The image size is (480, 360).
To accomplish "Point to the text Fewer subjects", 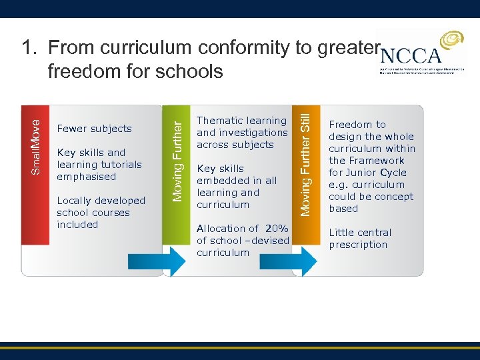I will tap(95, 129).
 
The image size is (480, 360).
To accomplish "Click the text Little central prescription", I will tap(360, 239).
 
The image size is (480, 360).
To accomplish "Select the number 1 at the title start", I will tap(27, 47).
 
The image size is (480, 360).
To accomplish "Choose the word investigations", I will tap(251, 133).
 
